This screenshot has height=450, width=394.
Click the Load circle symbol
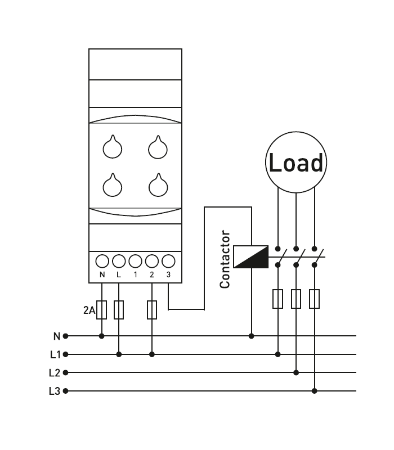[x=296, y=163]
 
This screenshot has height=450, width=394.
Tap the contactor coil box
[x=250, y=256]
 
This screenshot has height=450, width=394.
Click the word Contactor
[x=225, y=259]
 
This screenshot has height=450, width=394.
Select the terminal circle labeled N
[x=102, y=262]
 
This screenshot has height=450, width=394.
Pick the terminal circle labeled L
[x=119, y=262]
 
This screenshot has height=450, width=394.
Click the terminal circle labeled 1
[x=135, y=262]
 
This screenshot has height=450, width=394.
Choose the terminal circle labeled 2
[x=152, y=262]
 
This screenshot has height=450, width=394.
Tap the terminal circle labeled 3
[x=168, y=262]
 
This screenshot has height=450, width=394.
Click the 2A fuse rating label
[x=89, y=310]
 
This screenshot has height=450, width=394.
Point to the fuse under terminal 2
[x=152, y=310]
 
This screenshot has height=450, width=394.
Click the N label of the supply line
[x=56, y=336]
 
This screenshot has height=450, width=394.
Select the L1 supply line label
[x=55, y=354]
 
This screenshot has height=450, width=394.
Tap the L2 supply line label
[x=55, y=372]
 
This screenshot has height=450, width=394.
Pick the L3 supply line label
[x=55, y=390]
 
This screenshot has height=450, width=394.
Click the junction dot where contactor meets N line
[x=251, y=336]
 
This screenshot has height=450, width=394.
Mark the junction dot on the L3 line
[x=315, y=390]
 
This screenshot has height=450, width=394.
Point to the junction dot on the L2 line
[x=296, y=372]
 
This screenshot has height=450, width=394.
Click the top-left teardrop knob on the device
[x=113, y=147]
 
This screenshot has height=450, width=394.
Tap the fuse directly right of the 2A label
[x=102, y=310]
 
